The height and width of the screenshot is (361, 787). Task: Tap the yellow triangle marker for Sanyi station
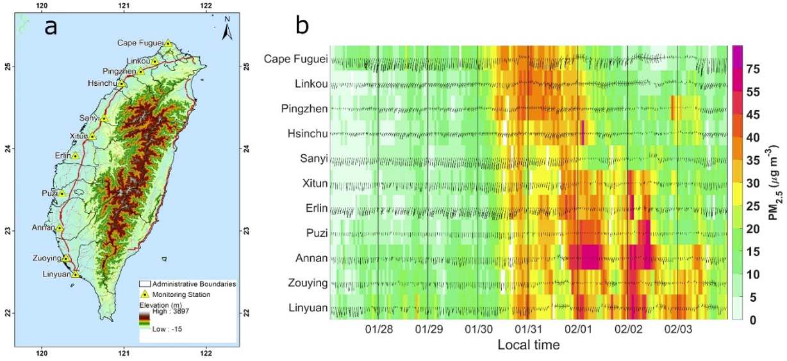(x=104, y=118)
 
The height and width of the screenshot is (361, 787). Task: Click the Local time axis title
(x=529, y=346)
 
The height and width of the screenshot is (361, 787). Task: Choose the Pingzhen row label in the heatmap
(x=304, y=109)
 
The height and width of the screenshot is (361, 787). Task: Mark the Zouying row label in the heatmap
(x=305, y=283)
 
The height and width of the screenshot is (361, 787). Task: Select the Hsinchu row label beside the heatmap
(x=306, y=134)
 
